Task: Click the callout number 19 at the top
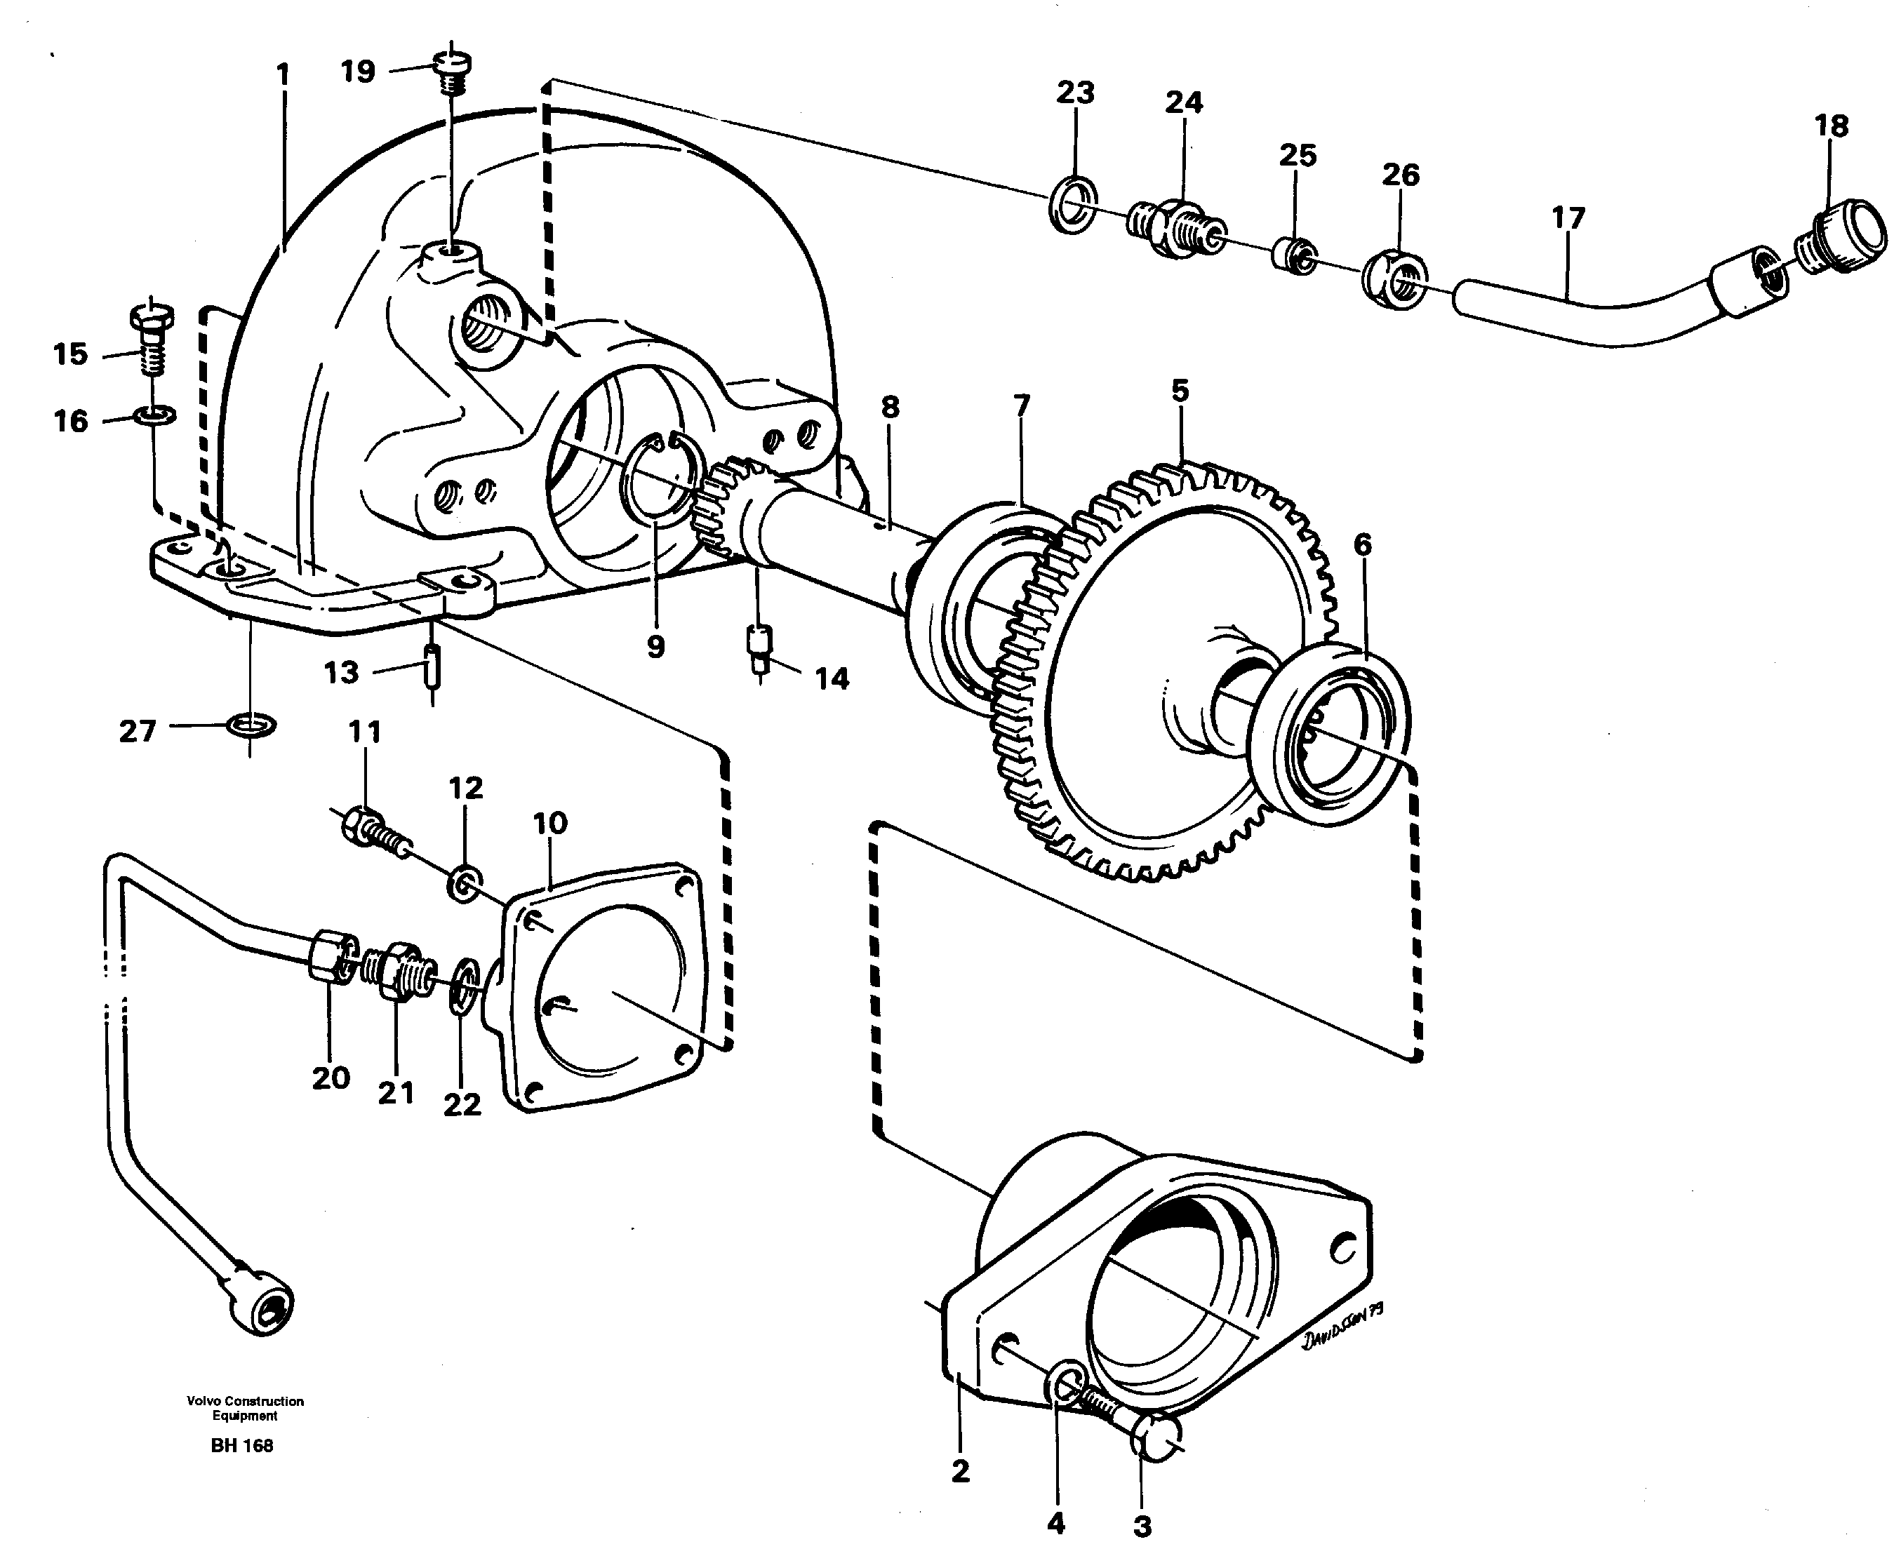tap(358, 72)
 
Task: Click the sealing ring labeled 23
tap(1072, 206)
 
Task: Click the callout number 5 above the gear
tap(1180, 391)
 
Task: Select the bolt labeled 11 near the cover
tap(373, 827)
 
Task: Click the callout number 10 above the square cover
tap(549, 823)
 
